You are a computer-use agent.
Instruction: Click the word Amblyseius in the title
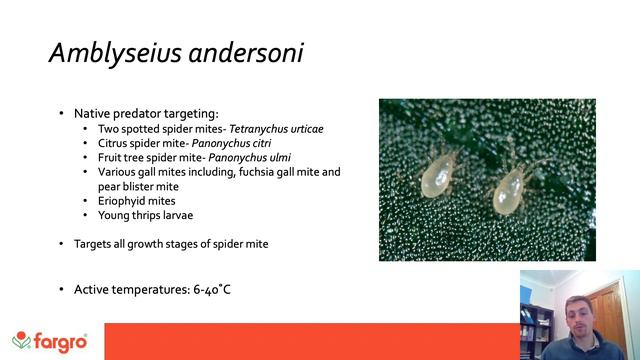(106, 53)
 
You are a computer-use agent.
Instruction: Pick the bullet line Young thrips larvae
(146, 215)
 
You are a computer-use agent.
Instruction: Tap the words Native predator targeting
(146, 113)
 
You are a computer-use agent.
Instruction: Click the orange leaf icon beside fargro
(21, 342)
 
